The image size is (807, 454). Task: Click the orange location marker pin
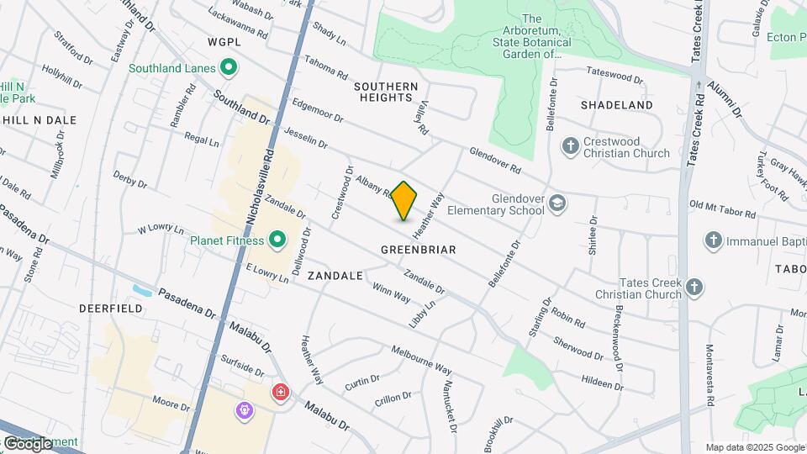point(404,201)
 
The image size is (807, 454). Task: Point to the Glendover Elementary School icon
point(557,204)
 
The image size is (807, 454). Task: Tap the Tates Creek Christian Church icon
point(694,288)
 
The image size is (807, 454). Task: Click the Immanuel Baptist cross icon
point(714,241)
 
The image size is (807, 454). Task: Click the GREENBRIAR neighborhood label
point(418,250)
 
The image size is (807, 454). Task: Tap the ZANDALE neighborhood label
point(335,276)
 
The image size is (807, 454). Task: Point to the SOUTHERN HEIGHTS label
point(386,92)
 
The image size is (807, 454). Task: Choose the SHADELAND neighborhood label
point(616,105)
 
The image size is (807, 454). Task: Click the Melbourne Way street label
point(421,360)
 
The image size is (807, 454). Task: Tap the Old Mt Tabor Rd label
point(722,210)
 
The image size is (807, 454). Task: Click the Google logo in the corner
point(28,443)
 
